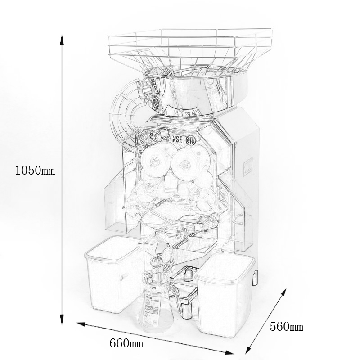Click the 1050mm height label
(x=35, y=170)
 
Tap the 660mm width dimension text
(x=126, y=343)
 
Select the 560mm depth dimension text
(x=287, y=326)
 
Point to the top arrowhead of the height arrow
(x=62, y=37)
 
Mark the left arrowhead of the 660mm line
(x=81, y=324)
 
